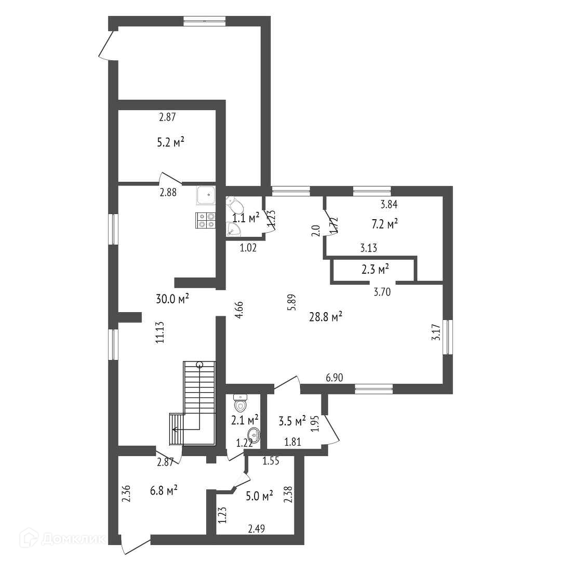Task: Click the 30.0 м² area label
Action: tap(172, 299)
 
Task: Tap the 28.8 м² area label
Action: tap(326, 317)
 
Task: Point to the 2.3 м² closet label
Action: tap(375, 269)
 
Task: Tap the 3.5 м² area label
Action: tap(292, 421)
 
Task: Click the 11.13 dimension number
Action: tap(160, 333)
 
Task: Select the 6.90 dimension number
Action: tap(334, 378)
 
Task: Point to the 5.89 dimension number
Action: tap(292, 302)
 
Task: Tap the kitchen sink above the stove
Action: tap(206, 195)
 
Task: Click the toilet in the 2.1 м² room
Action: tap(240, 404)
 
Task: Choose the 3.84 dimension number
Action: tap(389, 205)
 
